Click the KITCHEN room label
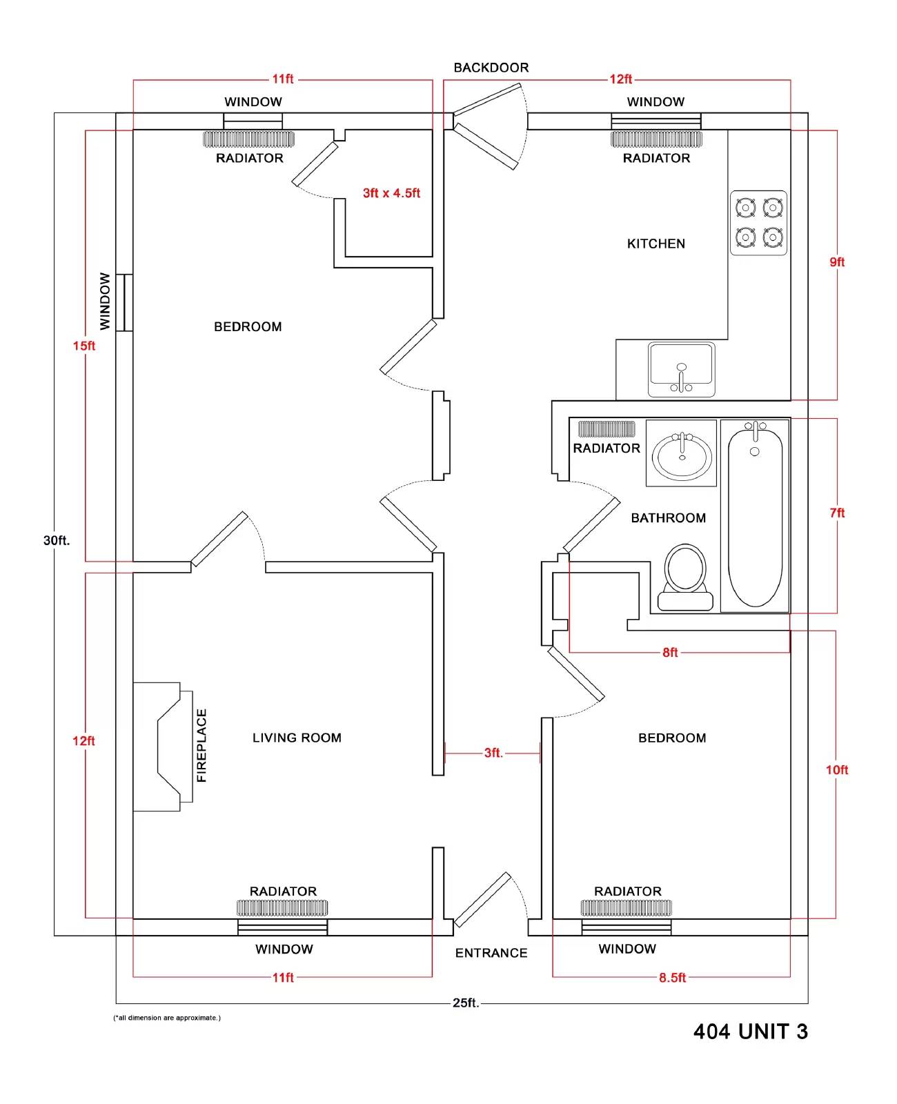(x=655, y=244)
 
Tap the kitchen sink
(x=681, y=370)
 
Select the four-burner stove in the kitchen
(x=758, y=223)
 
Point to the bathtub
(x=754, y=515)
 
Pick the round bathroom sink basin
(x=682, y=455)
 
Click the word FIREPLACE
(x=201, y=745)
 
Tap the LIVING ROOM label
(x=297, y=738)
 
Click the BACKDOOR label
(x=491, y=68)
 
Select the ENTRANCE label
(x=491, y=953)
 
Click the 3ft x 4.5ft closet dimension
(x=391, y=193)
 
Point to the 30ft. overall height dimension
(x=57, y=540)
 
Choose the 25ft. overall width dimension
(x=466, y=1003)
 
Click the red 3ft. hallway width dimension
(x=493, y=753)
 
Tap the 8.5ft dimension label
(x=672, y=977)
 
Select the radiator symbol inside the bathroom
(x=607, y=428)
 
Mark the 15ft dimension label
(x=84, y=346)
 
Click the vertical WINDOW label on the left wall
(x=105, y=301)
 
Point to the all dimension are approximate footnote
(x=167, y=1018)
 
